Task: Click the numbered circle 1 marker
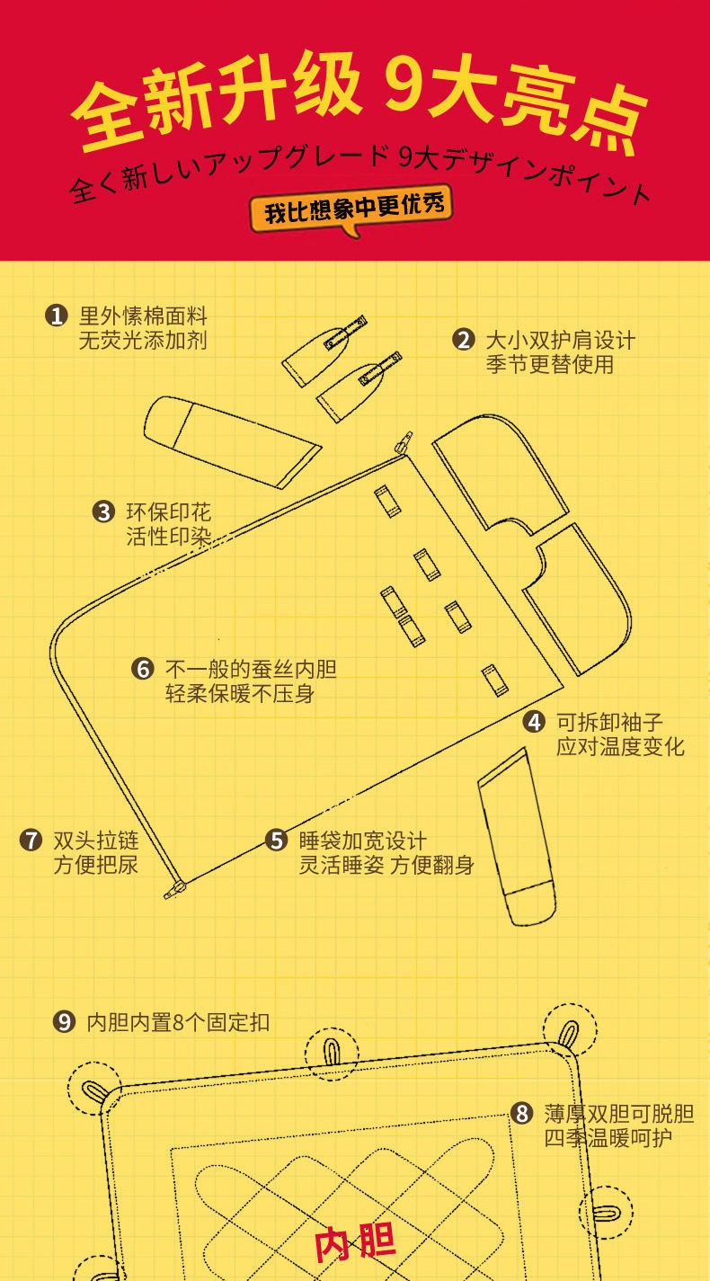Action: pos(57,316)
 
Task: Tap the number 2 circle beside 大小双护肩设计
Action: pos(463,340)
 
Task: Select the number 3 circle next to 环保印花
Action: pos(103,512)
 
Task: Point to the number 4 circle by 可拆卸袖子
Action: pos(534,721)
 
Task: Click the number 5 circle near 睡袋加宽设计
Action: pos(276,841)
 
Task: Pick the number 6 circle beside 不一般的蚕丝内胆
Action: pos(143,669)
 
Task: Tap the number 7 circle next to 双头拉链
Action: pos(31,841)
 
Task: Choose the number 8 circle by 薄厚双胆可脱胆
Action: pos(522,1114)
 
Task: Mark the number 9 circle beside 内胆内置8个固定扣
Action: pos(64,1022)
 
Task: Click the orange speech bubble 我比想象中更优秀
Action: pos(351,210)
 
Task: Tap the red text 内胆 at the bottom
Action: pos(355,1243)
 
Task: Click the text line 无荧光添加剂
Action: pos(143,341)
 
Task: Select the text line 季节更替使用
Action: pos(549,364)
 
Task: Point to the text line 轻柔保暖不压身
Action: pos(240,694)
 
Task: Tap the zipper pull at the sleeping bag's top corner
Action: pos(404,441)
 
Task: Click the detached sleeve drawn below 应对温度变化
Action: pos(515,835)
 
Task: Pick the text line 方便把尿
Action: pos(96,866)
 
